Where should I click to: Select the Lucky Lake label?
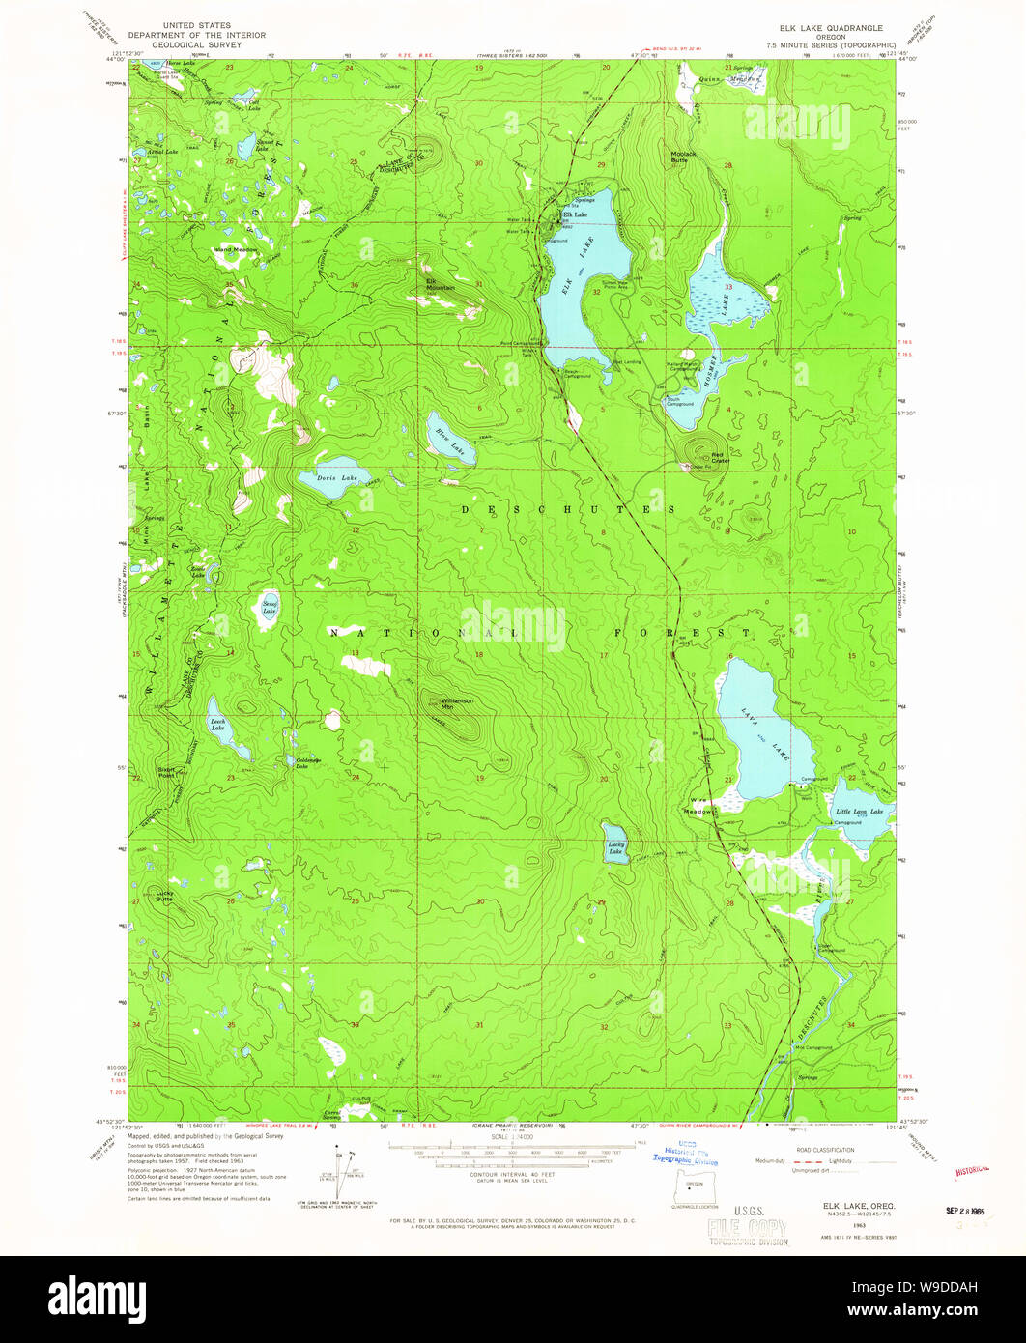[x=615, y=847]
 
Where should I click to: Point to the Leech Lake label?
[x=218, y=721]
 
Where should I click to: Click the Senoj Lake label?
[x=269, y=608]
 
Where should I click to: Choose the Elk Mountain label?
[x=441, y=285]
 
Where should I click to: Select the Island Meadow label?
[x=236, y=249]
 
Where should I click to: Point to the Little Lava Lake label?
[x=859, y=811]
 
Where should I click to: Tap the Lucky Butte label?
[x=165, y=896]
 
